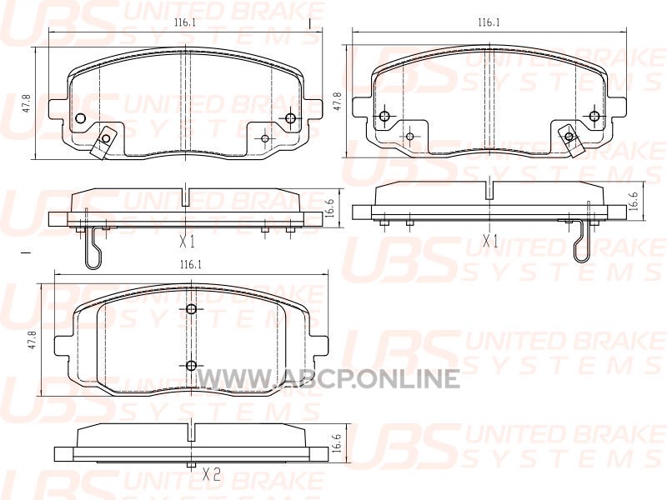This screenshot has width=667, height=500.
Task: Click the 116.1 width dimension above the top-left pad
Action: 184,23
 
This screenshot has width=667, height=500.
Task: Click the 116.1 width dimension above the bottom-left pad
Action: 190,265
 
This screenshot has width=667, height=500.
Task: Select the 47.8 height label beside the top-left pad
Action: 27,103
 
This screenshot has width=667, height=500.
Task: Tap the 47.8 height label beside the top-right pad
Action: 339,102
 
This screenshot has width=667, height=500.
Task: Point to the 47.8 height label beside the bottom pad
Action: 31,341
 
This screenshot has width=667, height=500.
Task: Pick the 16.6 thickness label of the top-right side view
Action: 634,200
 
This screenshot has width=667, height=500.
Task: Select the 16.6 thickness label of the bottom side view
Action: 337,442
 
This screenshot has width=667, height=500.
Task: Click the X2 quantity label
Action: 211,474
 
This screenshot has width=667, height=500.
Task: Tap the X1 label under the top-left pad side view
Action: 187,242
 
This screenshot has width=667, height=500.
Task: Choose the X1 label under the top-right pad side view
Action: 490,242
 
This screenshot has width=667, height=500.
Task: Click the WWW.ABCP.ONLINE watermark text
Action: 328,378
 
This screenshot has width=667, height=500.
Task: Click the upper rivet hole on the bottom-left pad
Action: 192,309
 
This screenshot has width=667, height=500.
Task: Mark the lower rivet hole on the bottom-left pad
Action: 192,365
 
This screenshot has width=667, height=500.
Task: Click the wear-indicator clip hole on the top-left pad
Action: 106,138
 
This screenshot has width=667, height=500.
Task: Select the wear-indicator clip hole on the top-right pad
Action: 569,136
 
